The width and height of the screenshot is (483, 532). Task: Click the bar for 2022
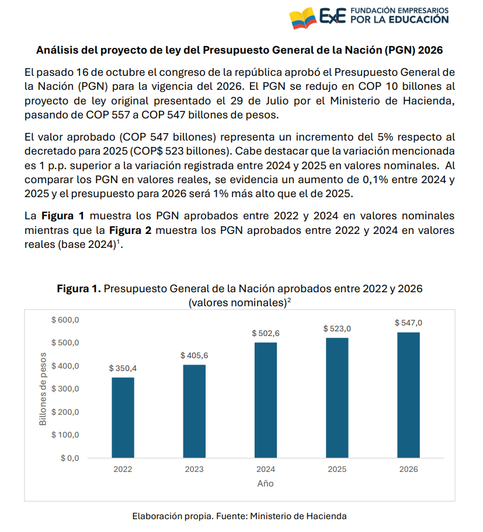(123, 418)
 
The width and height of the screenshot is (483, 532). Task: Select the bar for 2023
(194, 411)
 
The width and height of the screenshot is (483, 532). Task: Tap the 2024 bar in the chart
(266, 400)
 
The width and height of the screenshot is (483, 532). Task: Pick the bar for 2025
(337, 398)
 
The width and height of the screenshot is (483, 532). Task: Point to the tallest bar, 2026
(409, 395)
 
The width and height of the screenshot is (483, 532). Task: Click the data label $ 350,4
(123, 369)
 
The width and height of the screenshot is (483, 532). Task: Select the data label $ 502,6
(266, 334)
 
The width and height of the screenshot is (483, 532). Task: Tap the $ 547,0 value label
(409, 323)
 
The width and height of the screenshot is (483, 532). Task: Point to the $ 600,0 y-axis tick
(65, 320)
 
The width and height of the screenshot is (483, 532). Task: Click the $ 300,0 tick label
(65, 389)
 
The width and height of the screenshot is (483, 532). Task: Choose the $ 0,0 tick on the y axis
(70, 459)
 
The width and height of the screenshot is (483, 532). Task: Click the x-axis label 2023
(194, 469)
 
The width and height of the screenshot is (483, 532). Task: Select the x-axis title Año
(265, 484)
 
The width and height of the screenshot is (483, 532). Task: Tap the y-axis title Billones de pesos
(43, 389)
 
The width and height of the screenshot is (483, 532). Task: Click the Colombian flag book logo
(303, 18)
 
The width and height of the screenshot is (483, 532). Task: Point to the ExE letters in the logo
(333, 16)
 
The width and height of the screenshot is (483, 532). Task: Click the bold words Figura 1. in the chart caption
(79, 289)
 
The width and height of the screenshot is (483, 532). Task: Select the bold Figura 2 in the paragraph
(130, 230)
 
